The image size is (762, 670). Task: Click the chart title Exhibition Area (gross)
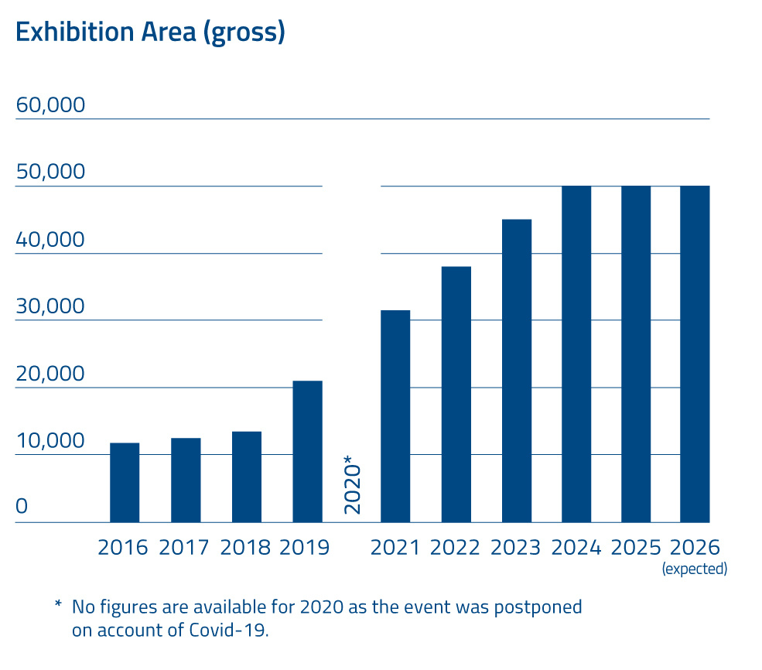coord(150,32)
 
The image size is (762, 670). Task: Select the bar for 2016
coord(125,483)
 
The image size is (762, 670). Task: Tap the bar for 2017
coord(186,480)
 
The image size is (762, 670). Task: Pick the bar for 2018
coord(246,477)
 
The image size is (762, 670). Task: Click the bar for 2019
coord(307,452)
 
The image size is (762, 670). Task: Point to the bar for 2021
coord(395,416)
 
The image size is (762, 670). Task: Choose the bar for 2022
coord(456,395)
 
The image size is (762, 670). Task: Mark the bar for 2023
coord(516,371)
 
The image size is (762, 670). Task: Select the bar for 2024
coord(576,354)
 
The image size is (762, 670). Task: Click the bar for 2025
coord(636,354)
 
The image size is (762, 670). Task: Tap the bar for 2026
coord(695,354)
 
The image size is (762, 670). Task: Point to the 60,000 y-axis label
coord(50,105)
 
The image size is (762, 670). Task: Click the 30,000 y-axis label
coord(50,306)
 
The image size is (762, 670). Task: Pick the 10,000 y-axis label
coord(50,441)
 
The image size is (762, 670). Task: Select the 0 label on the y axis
coord(22,507)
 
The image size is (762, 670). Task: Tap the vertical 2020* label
coord(352,485)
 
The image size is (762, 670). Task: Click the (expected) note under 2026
coord(694,569)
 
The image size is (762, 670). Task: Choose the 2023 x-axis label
coord(515,547)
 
